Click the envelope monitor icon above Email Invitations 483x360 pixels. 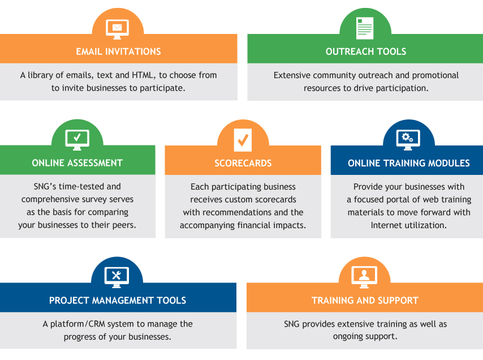118,29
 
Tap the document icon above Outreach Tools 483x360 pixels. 365,28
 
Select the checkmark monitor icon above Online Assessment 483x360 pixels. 77,140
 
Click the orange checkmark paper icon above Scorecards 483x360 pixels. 243,140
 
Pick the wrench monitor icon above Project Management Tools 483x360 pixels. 117,277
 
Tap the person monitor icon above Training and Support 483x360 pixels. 364,277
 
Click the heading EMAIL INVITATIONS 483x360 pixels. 119,52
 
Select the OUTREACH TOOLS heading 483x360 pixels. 366,52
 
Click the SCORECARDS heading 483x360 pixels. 243,163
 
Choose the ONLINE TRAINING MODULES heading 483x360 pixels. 409,163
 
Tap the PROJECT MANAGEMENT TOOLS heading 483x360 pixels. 118,300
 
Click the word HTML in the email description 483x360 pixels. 143,75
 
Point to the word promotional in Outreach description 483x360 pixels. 435,75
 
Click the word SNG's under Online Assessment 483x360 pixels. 45,186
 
